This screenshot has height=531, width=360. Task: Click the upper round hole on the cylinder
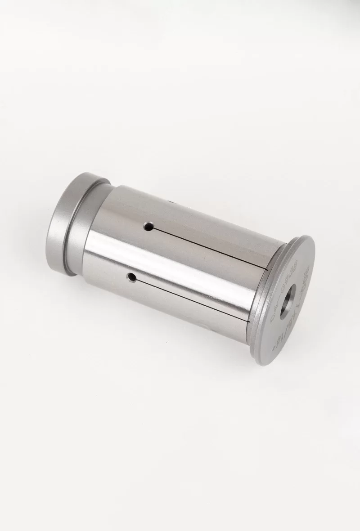pyautogui.click(x=147, y=227)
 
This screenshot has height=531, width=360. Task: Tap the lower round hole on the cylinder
pyautogui.click(x=132, y=277)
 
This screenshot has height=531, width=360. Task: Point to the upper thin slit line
pyautogui.click(x=207, y=247)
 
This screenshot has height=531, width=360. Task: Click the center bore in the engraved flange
pyautogui.click(x=287, y=303)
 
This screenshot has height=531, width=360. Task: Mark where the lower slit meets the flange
pyautogui.click(x=249, y=321)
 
